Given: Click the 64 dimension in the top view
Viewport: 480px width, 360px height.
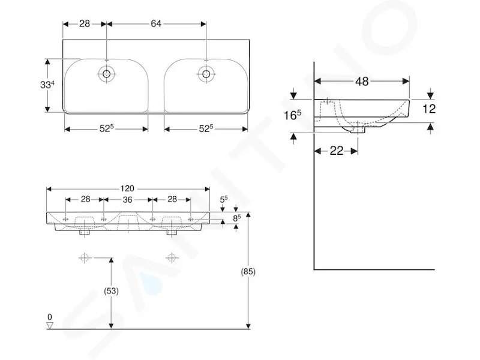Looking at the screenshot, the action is coord(156,23).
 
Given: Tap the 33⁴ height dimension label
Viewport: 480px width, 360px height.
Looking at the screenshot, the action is coord(47,85).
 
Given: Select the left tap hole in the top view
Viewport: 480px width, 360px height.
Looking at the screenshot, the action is coord(107,74).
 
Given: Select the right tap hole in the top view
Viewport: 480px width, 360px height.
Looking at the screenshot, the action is coord(206,74).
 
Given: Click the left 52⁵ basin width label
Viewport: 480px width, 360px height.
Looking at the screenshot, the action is coord(106,128).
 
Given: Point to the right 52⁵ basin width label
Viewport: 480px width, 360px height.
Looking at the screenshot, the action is coord(206,128).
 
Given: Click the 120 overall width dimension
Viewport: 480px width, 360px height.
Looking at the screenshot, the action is coord(127,188).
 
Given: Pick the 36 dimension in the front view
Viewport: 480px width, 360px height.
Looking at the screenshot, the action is coord(127,200).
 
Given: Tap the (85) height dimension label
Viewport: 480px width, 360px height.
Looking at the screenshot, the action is coord(248,272).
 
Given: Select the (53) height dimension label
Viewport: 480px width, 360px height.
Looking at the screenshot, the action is coord(111,291).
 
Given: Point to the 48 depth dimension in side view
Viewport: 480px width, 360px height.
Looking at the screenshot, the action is coord(362,82).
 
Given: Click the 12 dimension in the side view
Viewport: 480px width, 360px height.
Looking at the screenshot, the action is coord(428,109).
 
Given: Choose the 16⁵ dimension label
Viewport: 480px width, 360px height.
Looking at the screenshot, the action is coord(292,115).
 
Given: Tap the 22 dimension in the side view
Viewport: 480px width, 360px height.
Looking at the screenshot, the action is coord(337,151).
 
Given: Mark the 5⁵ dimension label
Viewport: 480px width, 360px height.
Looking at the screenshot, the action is coord(224,200).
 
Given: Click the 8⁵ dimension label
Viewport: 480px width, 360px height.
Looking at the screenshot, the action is coord(237,218).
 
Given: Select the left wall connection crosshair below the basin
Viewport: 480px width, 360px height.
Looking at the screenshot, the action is coord(85,258).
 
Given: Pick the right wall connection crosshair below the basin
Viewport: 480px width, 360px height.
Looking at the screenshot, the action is coord(172,258).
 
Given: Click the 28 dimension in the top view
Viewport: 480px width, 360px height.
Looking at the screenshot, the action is coord(85,23).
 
